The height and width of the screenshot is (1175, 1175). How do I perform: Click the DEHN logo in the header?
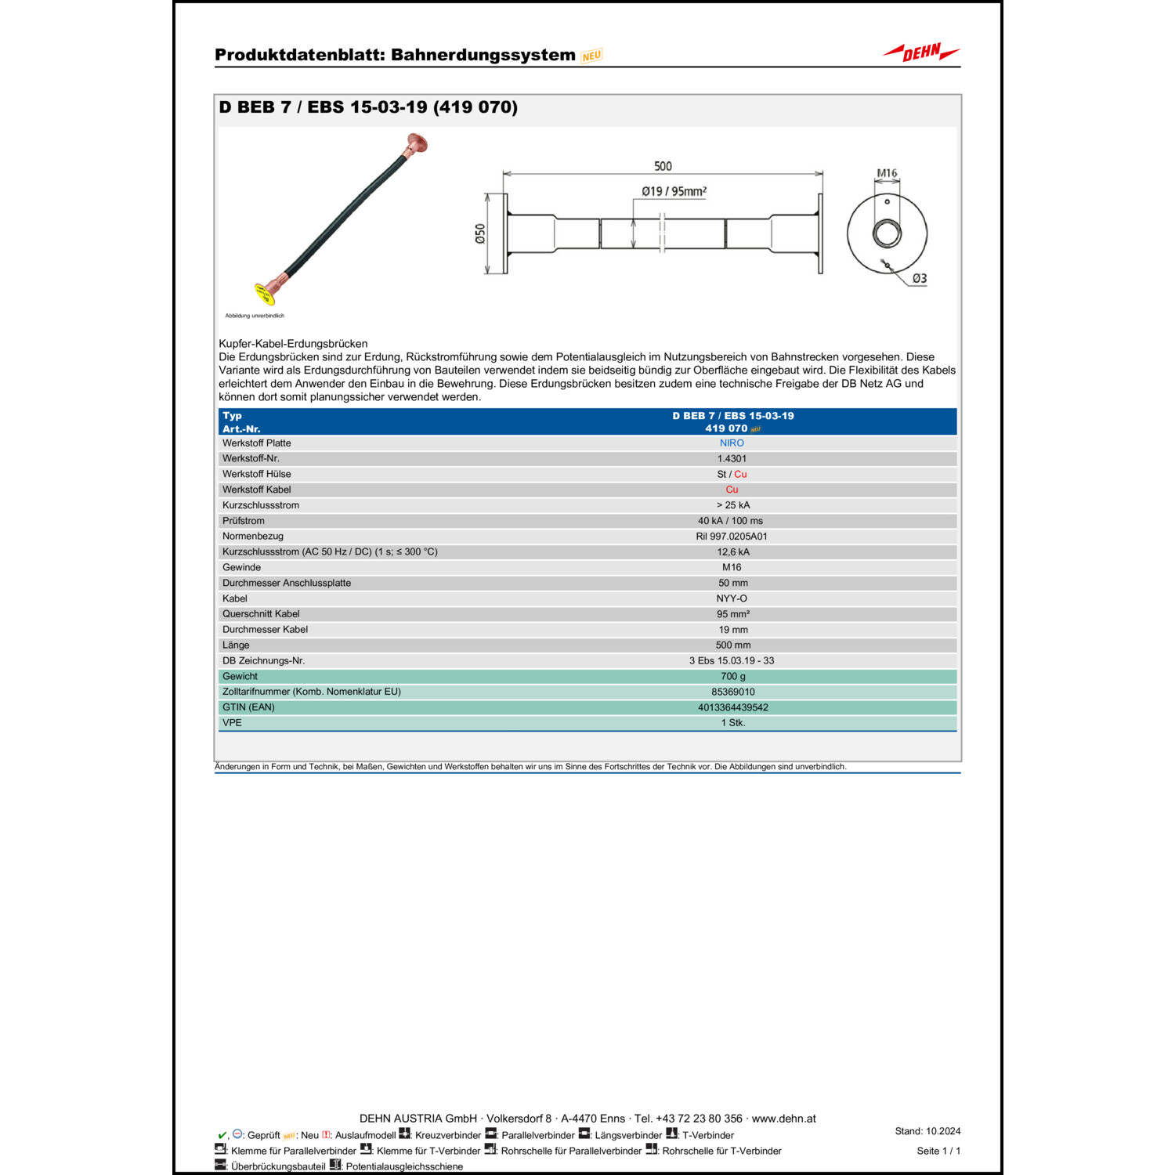pyautogui.click(x=921, y=52)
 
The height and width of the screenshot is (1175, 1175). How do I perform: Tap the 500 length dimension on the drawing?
pyautogui.click(x=663, y=166)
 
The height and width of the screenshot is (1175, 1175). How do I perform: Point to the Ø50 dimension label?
pyautogui.click(x=480, y=233)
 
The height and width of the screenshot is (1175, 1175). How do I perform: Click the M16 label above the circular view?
pyautogui.click(x=887, y=173)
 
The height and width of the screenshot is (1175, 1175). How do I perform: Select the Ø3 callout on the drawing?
pyautogui.click(x=919, y=278)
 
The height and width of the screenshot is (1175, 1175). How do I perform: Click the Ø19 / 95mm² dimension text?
pyautogui.click(x=674, y=191)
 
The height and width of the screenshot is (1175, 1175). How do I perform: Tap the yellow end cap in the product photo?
pyautogui.click(x=264, y=294)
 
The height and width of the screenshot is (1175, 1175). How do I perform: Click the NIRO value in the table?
pyautogui.click(x=732, y=443)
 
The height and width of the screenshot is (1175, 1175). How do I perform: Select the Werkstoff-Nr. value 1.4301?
pyautogui.click(x=732, y=459)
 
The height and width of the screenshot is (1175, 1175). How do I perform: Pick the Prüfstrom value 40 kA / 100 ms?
pyautogui.click(x=730, y=521)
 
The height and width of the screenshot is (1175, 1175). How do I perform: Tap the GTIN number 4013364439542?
pyautogui.click(x=732, y=707)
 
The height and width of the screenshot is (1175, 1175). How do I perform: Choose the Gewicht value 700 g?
pyautogui.click(x=732, y=676)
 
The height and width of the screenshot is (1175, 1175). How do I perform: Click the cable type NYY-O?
pyautogui.click(x=732, y=598)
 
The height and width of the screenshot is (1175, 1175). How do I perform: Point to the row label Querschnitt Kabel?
pyautogui.click(x=261, y=614)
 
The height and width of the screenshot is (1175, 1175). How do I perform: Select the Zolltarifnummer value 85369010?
pyautogui.click(x=732, y=692)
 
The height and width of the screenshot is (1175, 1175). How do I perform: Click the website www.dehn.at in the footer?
pyautogui.click(x=783, y=1119)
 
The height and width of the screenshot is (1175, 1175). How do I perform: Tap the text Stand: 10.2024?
pyautogui.click(x=927, y=1131)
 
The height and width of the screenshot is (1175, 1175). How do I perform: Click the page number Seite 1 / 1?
pyautogui.click(x=938, y=1151)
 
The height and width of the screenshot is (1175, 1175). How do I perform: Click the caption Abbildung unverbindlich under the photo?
pyautogui.click(x=255, y=316)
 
